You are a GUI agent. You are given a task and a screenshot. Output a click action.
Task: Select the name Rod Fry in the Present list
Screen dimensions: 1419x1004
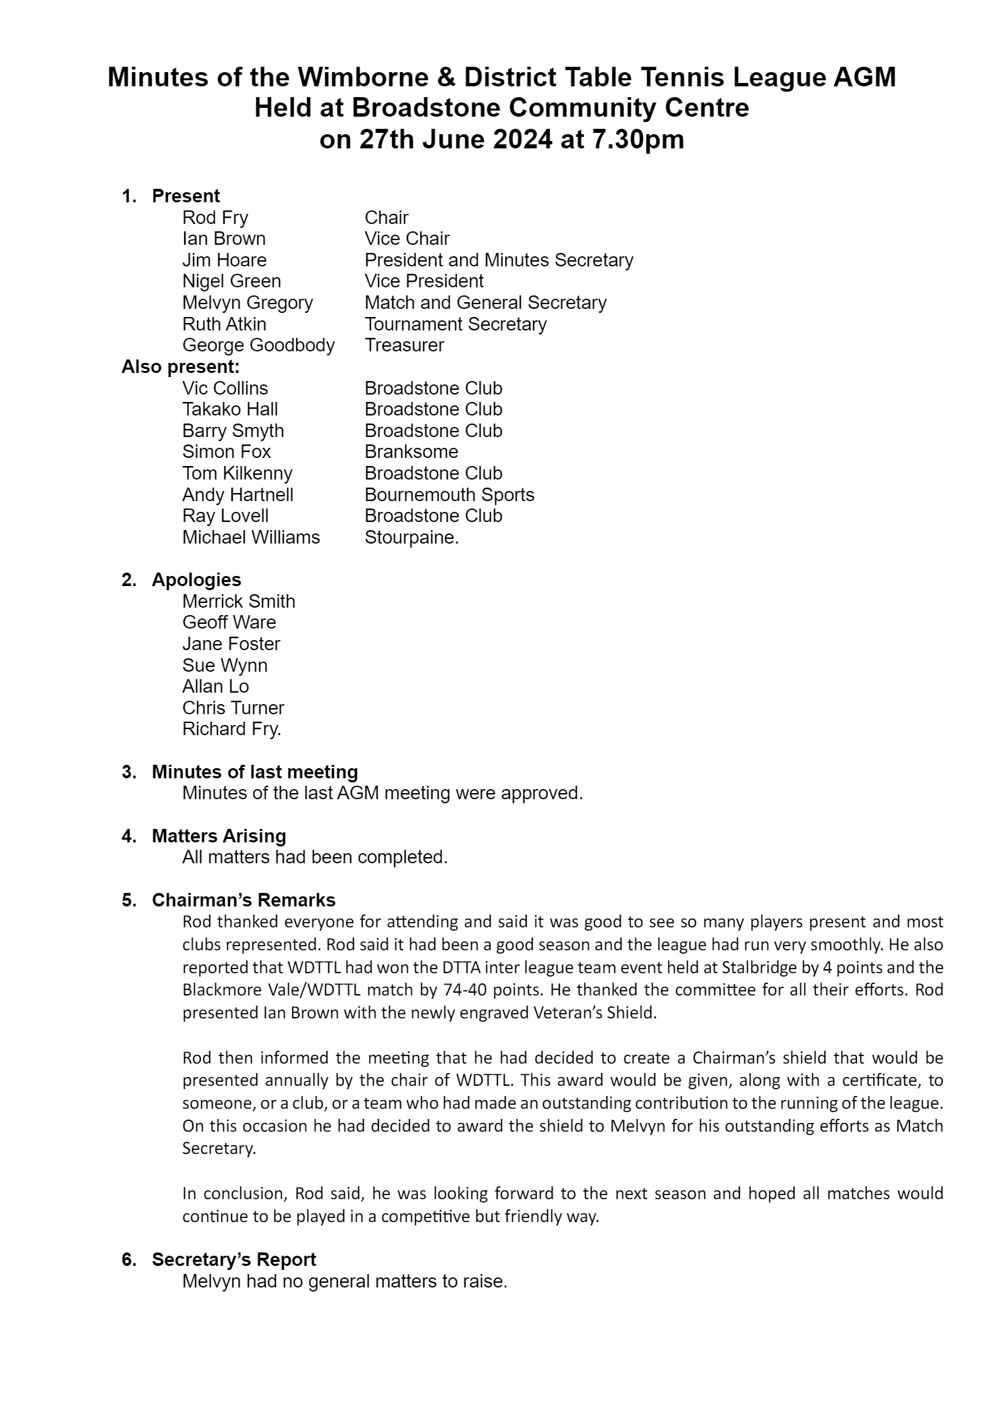pyautogui.click(x=215, y=217)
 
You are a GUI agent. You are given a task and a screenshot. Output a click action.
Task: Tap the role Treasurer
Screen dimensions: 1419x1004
pyautogui.click(x=404, y=345)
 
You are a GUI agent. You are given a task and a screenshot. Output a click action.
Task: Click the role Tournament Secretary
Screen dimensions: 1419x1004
pyautogui.click(x=455, y=324)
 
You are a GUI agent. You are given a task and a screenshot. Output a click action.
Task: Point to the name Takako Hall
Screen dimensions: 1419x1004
pyautogui.click(x=229, y=409)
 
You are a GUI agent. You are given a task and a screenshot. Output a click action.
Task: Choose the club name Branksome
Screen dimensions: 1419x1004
pyautogui.click(x=411, y=451)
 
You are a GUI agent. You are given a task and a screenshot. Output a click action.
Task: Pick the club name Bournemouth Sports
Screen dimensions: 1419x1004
pyautogui.click(x=449, y=494)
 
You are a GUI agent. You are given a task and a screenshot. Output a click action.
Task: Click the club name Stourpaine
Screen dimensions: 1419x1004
pyautogui.click(x=411, y=538)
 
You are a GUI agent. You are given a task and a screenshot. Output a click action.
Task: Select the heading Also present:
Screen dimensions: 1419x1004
pyautogui.click(x=180, y=367)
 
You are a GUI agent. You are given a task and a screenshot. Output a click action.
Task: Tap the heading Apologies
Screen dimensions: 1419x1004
pyautogui.click(x=196, y=579)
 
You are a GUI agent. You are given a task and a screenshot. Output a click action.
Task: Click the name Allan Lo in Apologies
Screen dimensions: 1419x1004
pyautogui.click(x=215, y=686)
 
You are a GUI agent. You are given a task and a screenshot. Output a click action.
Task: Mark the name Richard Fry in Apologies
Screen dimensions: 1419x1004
pyautogui.click(x=231, y=728)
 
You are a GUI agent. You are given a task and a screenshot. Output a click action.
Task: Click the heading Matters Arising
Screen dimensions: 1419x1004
pyautogui.click(x=219, y=836)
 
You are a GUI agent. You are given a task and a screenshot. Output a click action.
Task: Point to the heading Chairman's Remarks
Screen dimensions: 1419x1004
pyautogui.click(x=244, y=900)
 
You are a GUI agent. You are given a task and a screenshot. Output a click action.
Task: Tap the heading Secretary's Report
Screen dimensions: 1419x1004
pyautogui.click(x=233, y=1259)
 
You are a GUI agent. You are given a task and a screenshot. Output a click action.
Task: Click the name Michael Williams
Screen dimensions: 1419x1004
pyautogui.click(x=251, y=538)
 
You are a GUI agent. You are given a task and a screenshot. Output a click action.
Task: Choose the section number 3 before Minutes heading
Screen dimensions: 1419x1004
pyautogui.click(x=128, y=772)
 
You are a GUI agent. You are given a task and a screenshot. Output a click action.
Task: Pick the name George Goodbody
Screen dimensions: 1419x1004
pyautogui.click(x=258, y=345)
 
